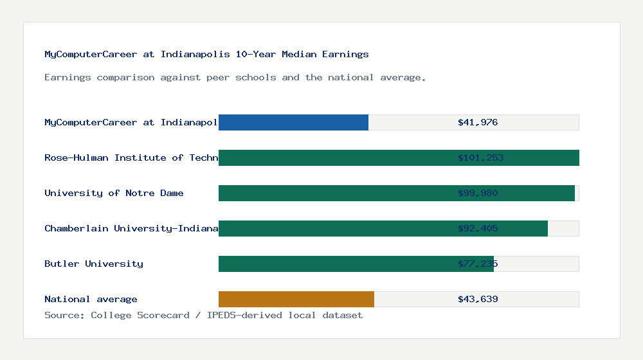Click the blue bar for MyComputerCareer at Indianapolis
pyautogui.click(x=293, y=122)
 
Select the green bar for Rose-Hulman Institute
pyautogui.click(x=334, y=157)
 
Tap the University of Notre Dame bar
pyautogui.click(x=334, y=193)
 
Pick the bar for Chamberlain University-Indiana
pyautogui.click(x=334, y=228)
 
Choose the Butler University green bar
pyautogui.click(x=334, y=264)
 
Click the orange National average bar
pyautogui.click(x=296, y=299)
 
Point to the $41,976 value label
pyautogui.click(x=478, y=122)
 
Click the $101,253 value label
pyautogui.click(x=480, y=157)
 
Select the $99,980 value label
pyautogui.click(x=478, y=193)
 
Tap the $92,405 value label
pyautogui.click(x=478, y=228)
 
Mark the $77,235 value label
pyautogui.click(x=478, y=264)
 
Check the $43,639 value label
pyautogui.click(x=478, y=299)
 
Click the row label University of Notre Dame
pyautogui.click(x=114, y=193)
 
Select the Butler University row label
pyautogui.click(x=94, y=264)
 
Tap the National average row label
pyautogui.click(x=91, y=299)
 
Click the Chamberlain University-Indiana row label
pyautogui.click(x=131, y=228)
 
